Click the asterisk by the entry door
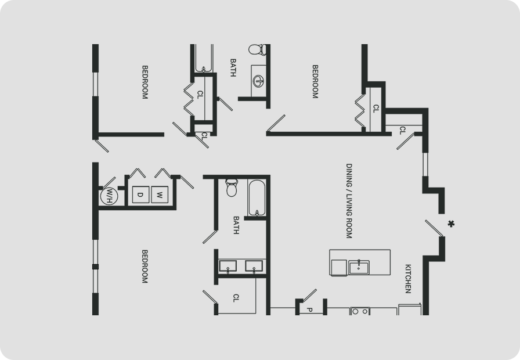click(x=451, y=224)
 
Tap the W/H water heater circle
click(x=109, y=196)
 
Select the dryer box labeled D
click(x=140, y=195)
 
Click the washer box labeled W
click(x=160, y=195)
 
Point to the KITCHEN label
click(x=408, y=279)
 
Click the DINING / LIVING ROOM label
click(x=349, y=201)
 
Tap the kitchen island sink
click(x=359, y=267)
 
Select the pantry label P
click(x=309, y=310)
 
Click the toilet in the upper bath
click(x=257, y=49)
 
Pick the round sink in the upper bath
click(x=258, y=80)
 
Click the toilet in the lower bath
click(x=232, y=188)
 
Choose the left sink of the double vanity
click(x=228, y=267)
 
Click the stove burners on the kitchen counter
click(x=360, y=311)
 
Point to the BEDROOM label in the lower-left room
click(x=145, y=267)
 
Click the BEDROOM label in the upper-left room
click(x=145, y=82)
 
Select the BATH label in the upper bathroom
click(x=233, y=68)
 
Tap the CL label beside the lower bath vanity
click(x=236, y=298)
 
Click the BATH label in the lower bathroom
click(x=236, y=225)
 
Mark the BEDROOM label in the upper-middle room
click(x=315, y=81)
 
